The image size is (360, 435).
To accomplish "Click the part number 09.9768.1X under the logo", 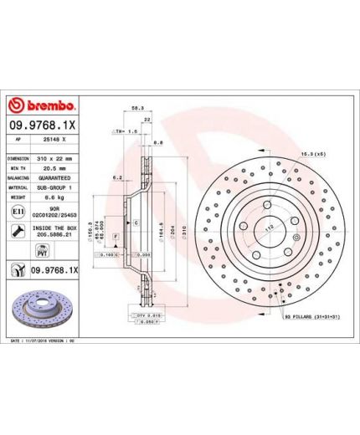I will click(x=44, y=125).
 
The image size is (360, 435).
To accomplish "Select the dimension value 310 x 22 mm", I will click(x=55, y=157).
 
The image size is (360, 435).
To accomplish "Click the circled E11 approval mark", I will click(x=18, y=214).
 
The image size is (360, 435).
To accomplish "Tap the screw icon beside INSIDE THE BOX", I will click(x=18, y=233).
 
